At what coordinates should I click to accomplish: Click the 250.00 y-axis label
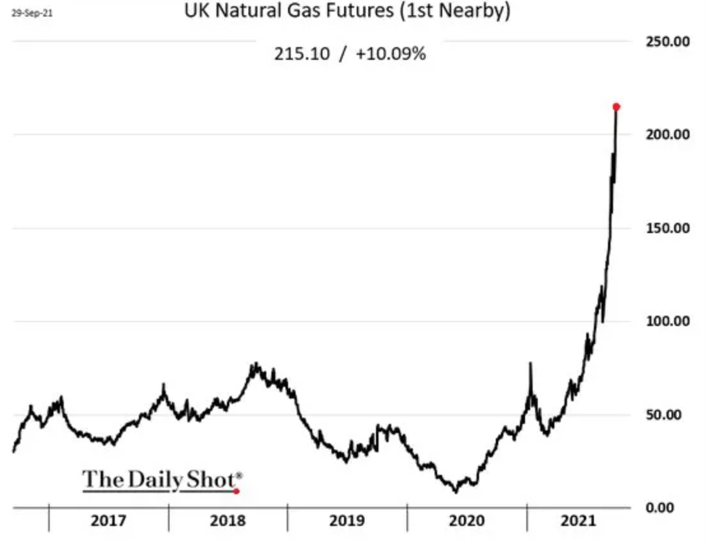coord(668,41)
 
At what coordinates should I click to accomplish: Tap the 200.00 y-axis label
coord(668,134)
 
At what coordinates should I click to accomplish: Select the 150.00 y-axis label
coord(668,228)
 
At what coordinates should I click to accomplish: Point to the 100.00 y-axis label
coord(668,321)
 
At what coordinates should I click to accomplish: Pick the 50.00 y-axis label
coord(664,414)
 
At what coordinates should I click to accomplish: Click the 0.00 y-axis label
coord(659,507)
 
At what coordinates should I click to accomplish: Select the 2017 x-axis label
coord(108,521)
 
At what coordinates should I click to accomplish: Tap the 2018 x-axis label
coord(228,521)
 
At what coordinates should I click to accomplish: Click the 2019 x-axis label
coord(347,521)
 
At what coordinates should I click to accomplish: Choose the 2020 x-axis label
coord(467,521)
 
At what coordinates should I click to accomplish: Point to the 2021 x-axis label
coord(579,521)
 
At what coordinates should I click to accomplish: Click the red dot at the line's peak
coord(616,107)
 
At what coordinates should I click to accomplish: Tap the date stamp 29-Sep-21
coord(32,13)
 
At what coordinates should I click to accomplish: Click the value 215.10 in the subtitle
coord(302,54)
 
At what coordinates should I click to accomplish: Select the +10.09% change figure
coord(391,54)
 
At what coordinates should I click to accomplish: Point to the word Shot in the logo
coord(211,479)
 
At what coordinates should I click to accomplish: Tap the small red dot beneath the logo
coord(236,491)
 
